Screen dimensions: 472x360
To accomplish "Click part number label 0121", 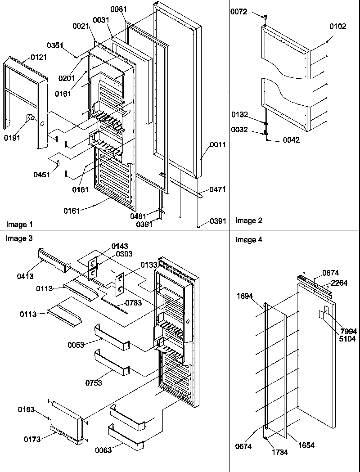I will pyautogui.click(x=39, y=58).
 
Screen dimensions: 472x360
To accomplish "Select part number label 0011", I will pyautogui.click(x=218, y=145).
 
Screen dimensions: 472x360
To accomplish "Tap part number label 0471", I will pyautogui.click(x=218, y=191).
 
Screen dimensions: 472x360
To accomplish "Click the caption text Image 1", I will pyautogui.click(x=19, y=224).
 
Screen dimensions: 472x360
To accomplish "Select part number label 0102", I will pyautogui.click(x=338, y=27).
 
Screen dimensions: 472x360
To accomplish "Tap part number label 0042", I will pyautogui.click(x=291, y=140).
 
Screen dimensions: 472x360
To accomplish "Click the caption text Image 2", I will pyautogui.click(x=249, y=220).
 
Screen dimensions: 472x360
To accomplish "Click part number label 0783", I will pyautogui.click(x=134, y=303).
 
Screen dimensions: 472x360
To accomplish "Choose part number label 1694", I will pyautogui.click(x=245, y=296).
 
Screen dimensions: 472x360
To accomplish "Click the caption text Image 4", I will pyautogui.click(x=249, y=240).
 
